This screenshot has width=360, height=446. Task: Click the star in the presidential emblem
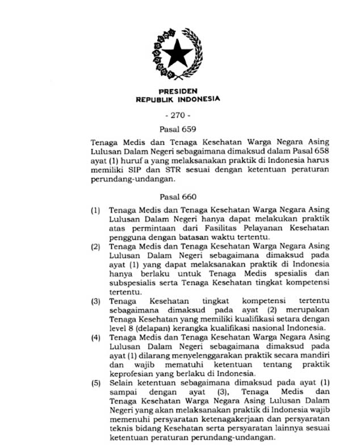(x=177, y=54)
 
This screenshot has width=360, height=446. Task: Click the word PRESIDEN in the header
(x=178, y=91)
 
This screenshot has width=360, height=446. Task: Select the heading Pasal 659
(x=178, y=129)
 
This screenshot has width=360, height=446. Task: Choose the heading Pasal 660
(x=178, y=197)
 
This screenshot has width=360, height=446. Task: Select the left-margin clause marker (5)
(x=96, y=384)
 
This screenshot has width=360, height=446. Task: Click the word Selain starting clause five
(x=121, y=384)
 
